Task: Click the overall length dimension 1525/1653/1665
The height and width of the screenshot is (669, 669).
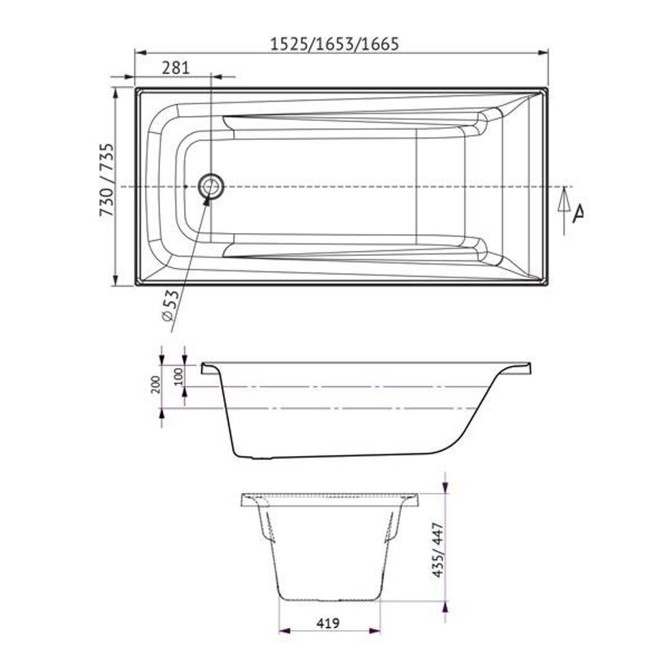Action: point(335,43)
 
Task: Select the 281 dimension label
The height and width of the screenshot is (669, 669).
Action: point(175,68)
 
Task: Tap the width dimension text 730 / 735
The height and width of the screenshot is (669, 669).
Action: point(107,180)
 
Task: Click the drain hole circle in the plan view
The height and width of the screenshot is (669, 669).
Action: point(211,186)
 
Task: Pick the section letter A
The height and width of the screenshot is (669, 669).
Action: point(578,214)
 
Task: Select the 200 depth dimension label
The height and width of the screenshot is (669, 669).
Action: point(155,385)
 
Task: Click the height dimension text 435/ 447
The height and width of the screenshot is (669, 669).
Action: point(438,550)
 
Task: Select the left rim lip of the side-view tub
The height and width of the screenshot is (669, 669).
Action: point(209,369)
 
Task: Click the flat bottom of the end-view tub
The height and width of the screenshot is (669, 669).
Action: point(328,599)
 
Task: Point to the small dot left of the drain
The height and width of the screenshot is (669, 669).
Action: point(185,186)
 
